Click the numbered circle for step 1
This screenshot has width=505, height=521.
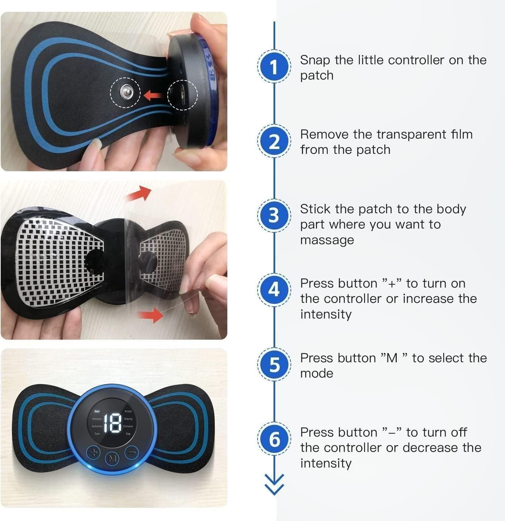click(274, 67)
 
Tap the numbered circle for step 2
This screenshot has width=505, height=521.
click(274, 141)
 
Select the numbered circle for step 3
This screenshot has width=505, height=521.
click(274, 215)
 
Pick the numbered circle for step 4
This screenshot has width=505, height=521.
click(274, 290)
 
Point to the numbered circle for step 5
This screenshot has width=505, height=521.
click(274, 364)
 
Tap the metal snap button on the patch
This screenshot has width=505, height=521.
click(126, 92)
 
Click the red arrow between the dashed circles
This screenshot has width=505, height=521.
click(152, 94)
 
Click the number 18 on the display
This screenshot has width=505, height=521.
click(112, 423)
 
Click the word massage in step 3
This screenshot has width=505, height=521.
click(327, 240)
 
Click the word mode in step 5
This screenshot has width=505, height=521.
click(317, 373)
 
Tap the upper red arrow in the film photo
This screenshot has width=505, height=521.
click(139, 193)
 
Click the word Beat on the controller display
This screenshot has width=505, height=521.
click(97, 411)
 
